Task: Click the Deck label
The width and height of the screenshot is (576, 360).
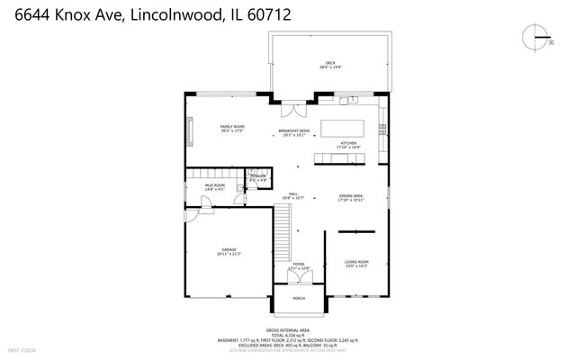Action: click(x=329, y=64)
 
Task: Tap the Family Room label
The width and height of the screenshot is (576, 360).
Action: click(x=232, y=129)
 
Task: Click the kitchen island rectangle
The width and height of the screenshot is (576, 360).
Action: click(x=346, y=127)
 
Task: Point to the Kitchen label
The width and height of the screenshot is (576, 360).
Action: click(x=348, y=145)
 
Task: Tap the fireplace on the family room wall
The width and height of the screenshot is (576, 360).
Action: click(x=189, y=129)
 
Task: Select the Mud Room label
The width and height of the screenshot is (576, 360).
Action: click(x=214, y=187)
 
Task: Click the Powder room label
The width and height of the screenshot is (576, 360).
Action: click(x=258, y=177)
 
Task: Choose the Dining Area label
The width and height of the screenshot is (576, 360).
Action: click(x=351, y=197)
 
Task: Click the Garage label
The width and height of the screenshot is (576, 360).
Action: click(x=229, y=252)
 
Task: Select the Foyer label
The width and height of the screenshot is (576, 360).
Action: click(x=298, y=265)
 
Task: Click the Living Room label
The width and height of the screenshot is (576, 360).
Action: click(x=356, y=263)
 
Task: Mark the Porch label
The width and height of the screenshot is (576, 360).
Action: click(x=299, y=298)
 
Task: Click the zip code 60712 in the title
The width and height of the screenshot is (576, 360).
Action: click(x=265, y=16)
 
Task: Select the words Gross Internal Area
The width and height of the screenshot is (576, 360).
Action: click(x=288, y=330)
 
